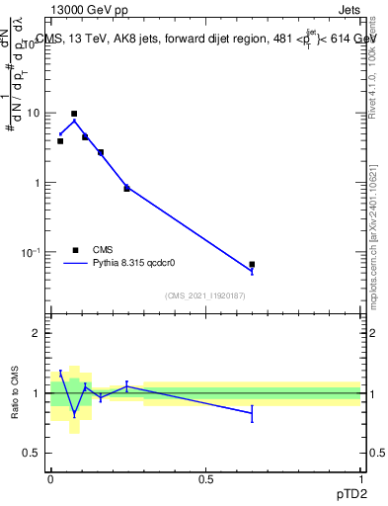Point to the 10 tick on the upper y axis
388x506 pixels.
pyautogui.click(x=37, y=113)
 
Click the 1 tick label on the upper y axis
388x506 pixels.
pyautogui.click(x=39, y=183)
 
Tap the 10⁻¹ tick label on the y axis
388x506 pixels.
pyautogui.click(x=35, y=252)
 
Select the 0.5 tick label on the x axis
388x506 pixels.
pyautogui.click(x=205, y=478)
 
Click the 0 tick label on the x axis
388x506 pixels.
pyautogui.click(x=50, y=478)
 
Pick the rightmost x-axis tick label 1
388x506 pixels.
pyautogui.click(x=360, y=478)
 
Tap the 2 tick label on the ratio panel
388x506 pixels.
pyautogui.click(x=39, y=333)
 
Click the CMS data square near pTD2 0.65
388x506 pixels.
pyautogui.click(x=252, y=265)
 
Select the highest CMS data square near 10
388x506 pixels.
pyautogui.click(x=73, y=114)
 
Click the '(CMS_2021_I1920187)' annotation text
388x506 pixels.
pyautogui.click(x=205, y=295)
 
